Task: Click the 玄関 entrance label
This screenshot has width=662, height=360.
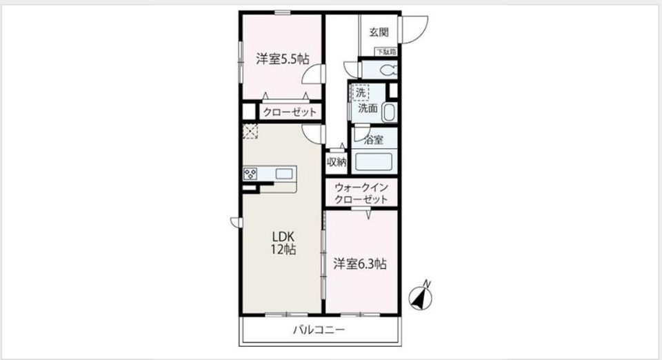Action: [x=378, y=32]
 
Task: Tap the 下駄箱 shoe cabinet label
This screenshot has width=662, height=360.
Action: [x=385, y=52]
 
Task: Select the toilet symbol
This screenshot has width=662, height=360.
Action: [x=386, y=70]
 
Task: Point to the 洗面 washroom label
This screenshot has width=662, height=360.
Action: [x=368, y=108]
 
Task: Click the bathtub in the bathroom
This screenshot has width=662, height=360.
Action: [x=372, y=163]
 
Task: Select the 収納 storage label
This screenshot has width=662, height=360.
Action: [x=337, y=162]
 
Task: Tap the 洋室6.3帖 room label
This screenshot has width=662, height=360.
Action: [x=359, y=263]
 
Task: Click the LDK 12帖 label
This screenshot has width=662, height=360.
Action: [x=283, y=243]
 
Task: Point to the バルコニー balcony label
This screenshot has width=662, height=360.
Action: [x=319, y=330]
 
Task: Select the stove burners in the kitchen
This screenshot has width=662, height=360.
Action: [x=250, y=174]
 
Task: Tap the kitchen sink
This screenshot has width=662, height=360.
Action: [x=284, y=174]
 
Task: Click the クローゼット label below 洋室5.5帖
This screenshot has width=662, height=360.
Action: [x=288, y=112]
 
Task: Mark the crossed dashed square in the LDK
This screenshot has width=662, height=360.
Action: [x=249, y=131]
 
